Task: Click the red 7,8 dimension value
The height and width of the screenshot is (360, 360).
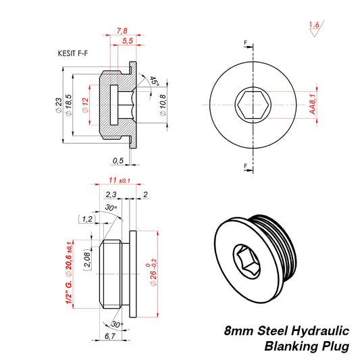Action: (122, 31)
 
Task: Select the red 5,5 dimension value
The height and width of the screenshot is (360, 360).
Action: (126, 42)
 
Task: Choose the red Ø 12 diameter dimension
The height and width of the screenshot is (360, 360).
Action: (85, 106)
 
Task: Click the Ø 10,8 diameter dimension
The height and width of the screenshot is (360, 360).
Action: (163, 105)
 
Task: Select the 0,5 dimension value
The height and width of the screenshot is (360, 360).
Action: (118, 161)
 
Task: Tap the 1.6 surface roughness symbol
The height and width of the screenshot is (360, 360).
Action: (313, 26)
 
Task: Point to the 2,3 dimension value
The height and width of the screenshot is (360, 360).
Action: (111, 195)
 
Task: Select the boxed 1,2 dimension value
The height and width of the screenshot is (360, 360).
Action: (87, 219)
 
